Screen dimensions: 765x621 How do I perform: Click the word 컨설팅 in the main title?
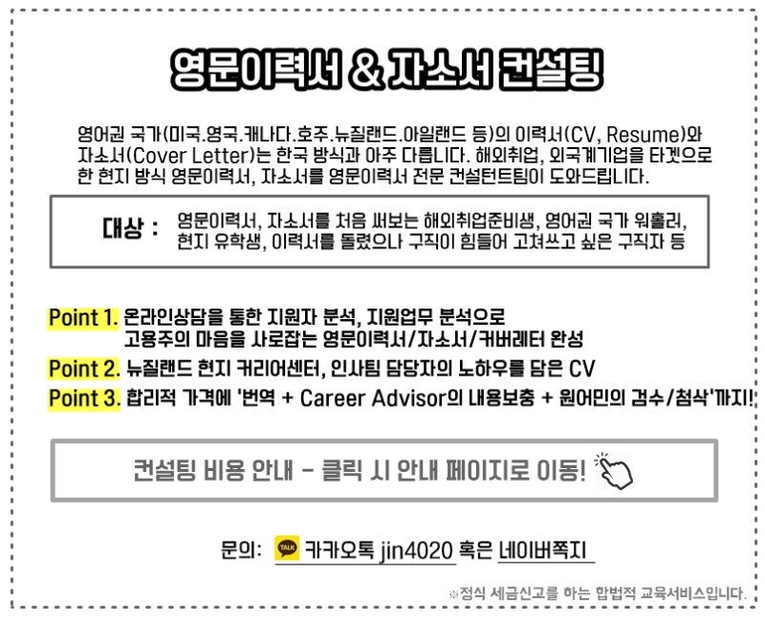pos(551,70)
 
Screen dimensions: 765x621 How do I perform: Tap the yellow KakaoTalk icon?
pos(287,547)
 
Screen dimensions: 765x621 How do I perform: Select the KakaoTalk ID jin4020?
pos(416,550)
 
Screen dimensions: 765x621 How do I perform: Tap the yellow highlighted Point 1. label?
pos(83,318)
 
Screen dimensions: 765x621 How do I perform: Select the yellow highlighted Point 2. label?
pos(84,369)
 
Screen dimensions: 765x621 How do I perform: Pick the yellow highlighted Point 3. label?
pos(84,398)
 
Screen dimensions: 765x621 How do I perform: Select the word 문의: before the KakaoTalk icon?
pos(241,550)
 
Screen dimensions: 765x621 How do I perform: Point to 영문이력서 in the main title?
pos(255,70)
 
